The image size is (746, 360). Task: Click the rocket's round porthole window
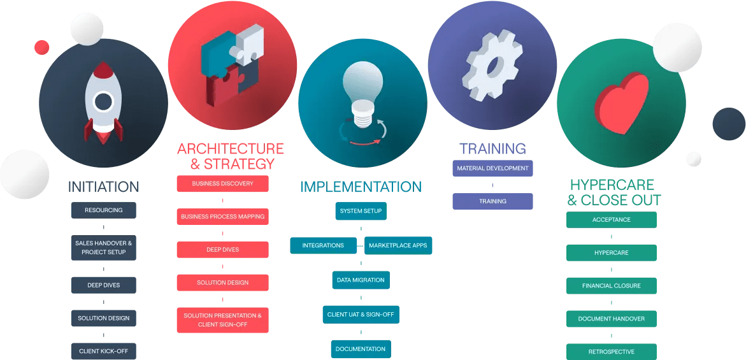click(103, 101)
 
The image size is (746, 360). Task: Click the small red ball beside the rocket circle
click(42, 47)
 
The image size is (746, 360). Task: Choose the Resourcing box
click(103, 210)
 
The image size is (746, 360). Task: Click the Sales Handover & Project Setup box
click(103, 248)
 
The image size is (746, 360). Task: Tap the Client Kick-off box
click(103, 351)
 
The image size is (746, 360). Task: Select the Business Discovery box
click(222, 184)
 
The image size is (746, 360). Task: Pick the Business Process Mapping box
click(222, 217)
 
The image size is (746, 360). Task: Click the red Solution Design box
click(222, 283)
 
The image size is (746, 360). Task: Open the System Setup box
click(361, 211)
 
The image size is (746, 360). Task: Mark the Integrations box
click(323, 245)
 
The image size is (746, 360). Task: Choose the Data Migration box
click(361, 280)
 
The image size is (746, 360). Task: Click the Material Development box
click(492, 168)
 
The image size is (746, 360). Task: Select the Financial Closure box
click(611, 286)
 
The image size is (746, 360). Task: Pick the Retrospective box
click(611, 351)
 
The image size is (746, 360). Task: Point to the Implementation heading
click(361, 187)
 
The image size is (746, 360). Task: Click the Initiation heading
click(103, 187)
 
